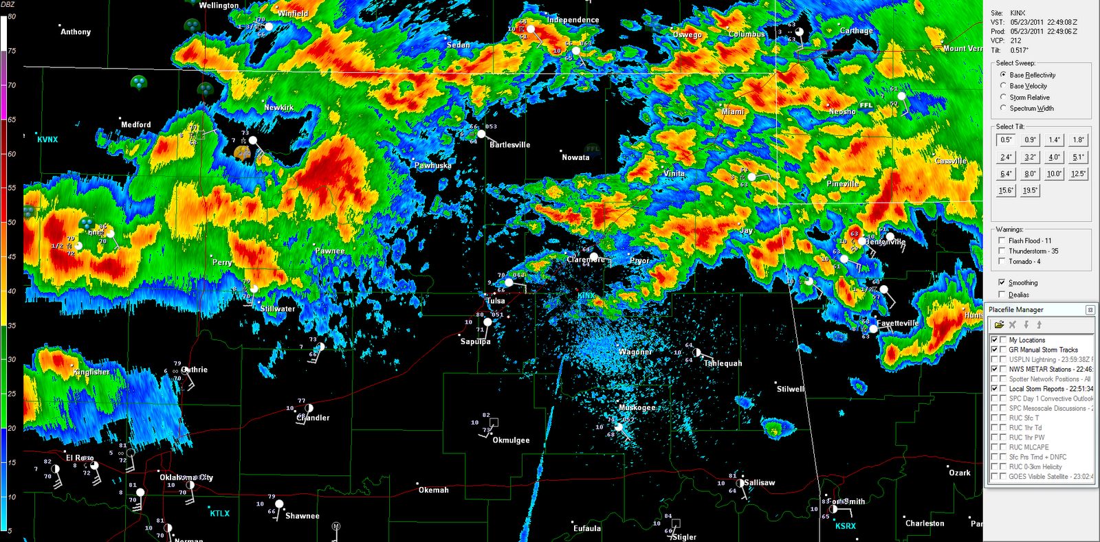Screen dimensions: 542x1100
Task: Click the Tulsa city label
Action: point(496,301)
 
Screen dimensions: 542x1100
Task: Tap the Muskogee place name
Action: point(637,407)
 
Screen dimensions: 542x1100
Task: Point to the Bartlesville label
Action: point(509,145)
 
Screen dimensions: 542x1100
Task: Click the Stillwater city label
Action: point(278,309)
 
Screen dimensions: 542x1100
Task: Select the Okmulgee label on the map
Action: point(511,440)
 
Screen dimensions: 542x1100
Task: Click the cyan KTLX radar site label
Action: point(220,513)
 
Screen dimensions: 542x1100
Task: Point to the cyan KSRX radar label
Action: point(846,526)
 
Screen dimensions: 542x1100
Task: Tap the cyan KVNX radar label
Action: point(47,139)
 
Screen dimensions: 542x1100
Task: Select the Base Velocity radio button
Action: point(1003,86)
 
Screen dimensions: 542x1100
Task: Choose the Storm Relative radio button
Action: point(1003,97)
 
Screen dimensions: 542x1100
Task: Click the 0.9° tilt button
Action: point(1030,140)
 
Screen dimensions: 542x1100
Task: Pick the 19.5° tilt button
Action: point(1030,190)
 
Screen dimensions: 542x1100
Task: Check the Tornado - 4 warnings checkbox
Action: point(1002,262)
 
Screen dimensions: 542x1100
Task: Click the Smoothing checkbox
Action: point(1002,282)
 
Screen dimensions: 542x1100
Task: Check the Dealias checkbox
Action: point(1002,295)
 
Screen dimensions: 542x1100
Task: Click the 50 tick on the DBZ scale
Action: point(12,223)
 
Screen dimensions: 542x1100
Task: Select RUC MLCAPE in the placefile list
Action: point(1028,447)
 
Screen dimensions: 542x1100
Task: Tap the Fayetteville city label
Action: point(897,323)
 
